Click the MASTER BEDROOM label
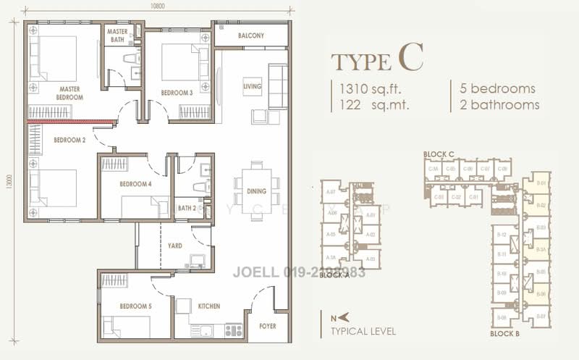[69, 93]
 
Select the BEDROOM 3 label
[177, 93]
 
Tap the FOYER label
[267, 327]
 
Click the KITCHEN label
[208, 306]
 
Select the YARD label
[174, 246]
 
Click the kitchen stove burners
[233, 330]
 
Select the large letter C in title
[410, 57]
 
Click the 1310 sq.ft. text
[369, 89]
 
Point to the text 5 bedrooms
[498, 89]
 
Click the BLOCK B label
[506, 334]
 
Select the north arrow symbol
[337, 317]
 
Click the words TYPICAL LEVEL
[363, 331]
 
